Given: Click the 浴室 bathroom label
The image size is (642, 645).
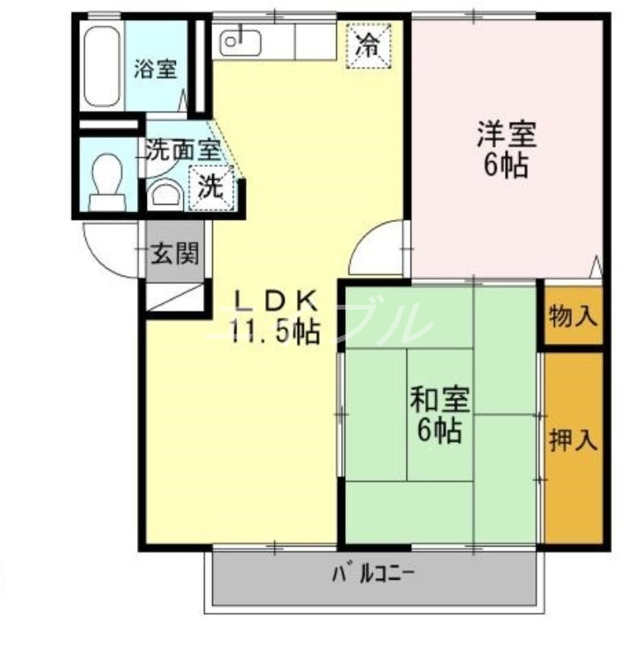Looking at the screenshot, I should [155, 69].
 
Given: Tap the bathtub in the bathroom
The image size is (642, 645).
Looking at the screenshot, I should [102, 67].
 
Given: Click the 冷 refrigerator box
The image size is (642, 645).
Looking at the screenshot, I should [368, 45].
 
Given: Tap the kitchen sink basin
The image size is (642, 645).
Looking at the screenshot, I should [237, 39].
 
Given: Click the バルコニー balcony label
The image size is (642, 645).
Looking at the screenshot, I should [373, 576].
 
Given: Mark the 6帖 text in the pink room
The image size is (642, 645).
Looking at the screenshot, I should [506, 165].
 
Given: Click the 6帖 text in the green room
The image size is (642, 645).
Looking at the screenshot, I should [440, 432].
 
